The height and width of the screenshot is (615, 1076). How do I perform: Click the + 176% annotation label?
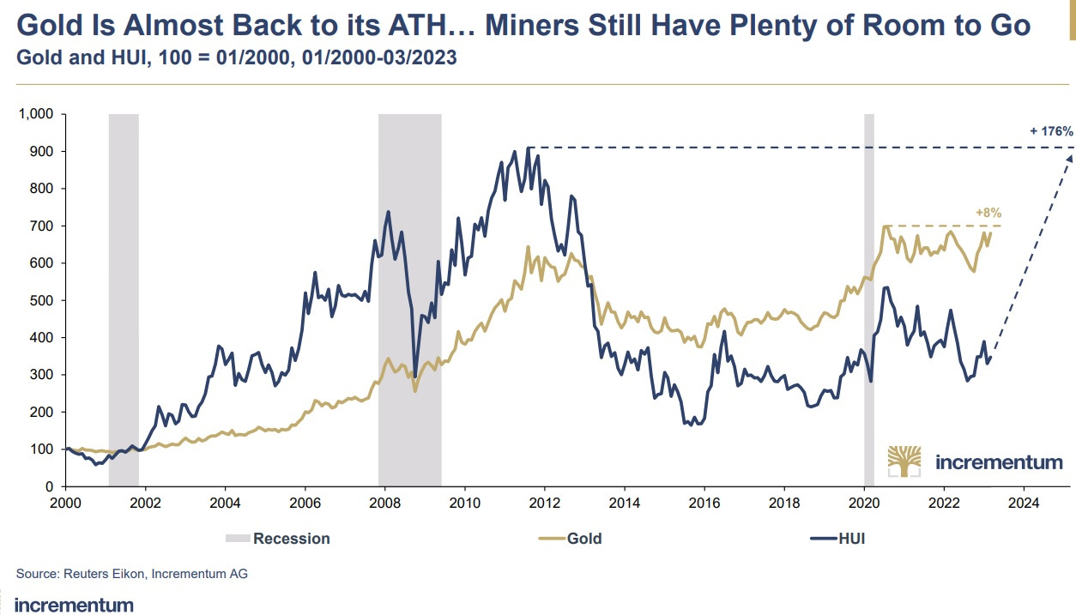[1051, 131]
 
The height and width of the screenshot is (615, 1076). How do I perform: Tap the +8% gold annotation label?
[988, 211]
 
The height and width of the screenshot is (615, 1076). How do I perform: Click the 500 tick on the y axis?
[43, 300]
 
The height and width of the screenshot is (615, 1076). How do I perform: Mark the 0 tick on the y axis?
[50, 486]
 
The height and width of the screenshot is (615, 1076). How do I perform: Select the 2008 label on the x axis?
[384, 503]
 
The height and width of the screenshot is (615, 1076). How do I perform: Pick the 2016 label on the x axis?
[704, 503]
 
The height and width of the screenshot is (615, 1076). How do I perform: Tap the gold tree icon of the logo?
[904, 461]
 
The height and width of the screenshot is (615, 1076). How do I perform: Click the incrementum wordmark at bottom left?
[75, 605]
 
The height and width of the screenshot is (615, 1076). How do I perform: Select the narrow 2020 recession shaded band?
[868, 300]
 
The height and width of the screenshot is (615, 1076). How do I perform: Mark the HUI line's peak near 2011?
[528, 148]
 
